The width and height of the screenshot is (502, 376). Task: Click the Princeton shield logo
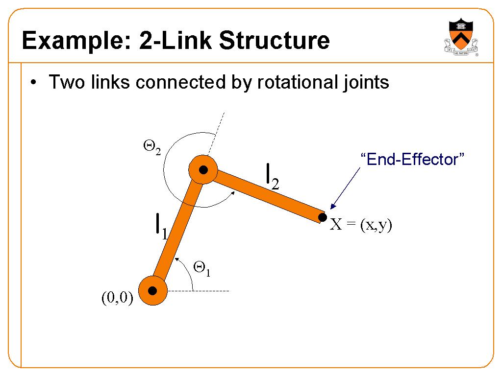coord(461,37)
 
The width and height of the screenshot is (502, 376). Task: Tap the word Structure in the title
coord(275,40)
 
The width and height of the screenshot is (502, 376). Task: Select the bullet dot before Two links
coord(33,82)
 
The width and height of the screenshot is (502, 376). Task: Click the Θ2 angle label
coord(152,148)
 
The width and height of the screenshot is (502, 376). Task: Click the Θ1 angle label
coord(202,268)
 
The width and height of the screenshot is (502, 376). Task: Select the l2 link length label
coord(273,177)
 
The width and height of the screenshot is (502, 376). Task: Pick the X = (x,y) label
coord(361,224)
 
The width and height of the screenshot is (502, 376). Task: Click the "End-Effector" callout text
coord(412,159)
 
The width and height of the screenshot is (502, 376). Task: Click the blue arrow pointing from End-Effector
coord(345,188)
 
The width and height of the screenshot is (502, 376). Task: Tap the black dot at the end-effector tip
coord(323,217)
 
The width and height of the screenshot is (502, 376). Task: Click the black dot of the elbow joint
coord(203,170)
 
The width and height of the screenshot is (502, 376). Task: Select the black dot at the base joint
coord(152,291)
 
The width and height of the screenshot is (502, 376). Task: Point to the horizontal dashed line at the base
coord(198,291)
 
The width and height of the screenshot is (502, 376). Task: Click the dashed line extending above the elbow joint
coord(216,134)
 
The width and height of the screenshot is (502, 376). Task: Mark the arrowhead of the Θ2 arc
coord(232,193)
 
